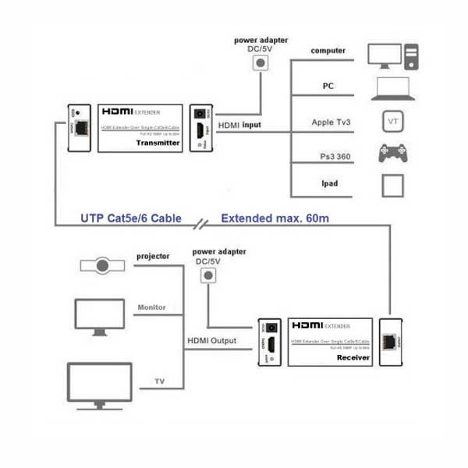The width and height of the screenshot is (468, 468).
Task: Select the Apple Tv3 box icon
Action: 392,122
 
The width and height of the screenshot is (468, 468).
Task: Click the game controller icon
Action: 392,154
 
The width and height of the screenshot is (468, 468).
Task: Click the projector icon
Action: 102,265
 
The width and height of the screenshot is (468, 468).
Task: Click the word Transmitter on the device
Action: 158,143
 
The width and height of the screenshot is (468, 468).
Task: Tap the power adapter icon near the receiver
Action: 207,275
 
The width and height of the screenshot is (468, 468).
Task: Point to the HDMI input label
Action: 239,125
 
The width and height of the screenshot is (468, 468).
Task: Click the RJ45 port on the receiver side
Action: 389,342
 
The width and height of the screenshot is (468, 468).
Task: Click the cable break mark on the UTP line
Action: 203,225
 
